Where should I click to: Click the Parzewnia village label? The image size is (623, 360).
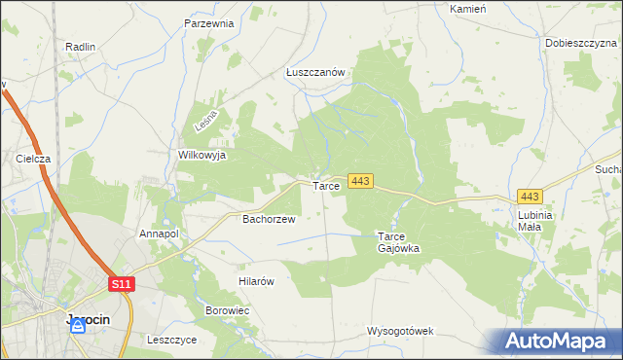pos(209,23)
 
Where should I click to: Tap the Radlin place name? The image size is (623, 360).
pos(79,47)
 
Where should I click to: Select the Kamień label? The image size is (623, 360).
pos(467,8)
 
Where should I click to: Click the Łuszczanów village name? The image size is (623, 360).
pos(316,72)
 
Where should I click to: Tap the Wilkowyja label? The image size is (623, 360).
pos(202,155)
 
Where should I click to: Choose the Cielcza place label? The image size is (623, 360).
pos(33,158)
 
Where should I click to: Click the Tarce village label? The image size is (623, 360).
pos(325,185)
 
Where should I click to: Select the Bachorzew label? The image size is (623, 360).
pos(269,220)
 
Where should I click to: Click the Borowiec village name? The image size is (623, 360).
pos(228,310)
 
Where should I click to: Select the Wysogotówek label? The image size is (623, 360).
pos(400,331)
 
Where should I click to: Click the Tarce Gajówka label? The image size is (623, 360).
pos(398,242)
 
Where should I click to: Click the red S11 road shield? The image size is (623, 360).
pos(121,283)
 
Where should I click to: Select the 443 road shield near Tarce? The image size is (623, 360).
pos(360,181)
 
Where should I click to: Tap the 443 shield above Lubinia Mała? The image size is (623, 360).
pos(531,197)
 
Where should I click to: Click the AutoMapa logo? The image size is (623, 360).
pos(560,342)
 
